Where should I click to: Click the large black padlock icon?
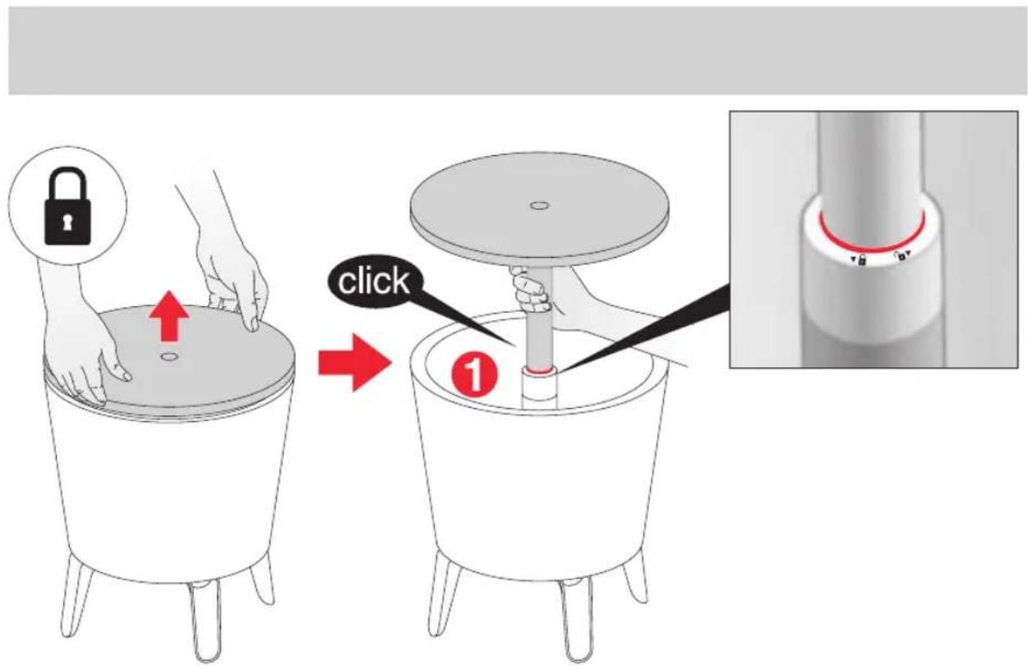(x=67, y=206)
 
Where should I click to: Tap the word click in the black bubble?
(x=373, y=281)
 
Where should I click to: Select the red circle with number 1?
(x=473, y=377)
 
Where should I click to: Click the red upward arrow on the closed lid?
(x=169, y=316)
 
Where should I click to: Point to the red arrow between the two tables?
(x=355, y=363)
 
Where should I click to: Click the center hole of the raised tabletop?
(x=539, y=205)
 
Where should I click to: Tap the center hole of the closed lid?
(x=169, y=355)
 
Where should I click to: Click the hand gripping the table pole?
(x=532, y=290)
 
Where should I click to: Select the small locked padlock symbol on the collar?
(x=861, y=260)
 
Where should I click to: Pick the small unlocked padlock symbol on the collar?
(x=901, y=256)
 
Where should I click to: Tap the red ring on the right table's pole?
(x=539, y=370)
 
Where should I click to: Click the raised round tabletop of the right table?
(x=539, y=210)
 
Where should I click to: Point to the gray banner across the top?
(x=517, y=50)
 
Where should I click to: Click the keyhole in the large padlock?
(x=67, y=222)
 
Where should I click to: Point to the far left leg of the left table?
(x=76, y=593)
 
